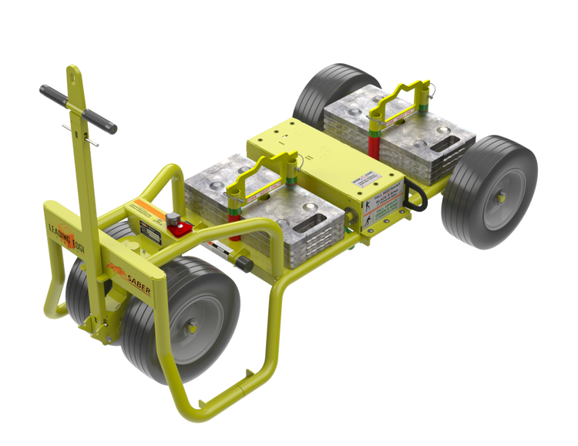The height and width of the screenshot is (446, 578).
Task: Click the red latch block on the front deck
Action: [180, 228]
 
